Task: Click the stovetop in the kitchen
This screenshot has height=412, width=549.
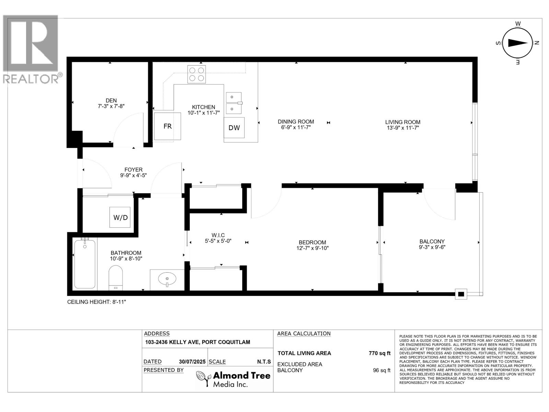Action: click(197, 74)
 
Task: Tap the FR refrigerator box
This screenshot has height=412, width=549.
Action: click(167, 126)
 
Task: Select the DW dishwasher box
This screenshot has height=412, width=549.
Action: click(234, 128)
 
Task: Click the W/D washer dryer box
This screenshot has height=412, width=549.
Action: click(120, 217)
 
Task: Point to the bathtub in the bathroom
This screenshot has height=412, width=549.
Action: click(85, 264)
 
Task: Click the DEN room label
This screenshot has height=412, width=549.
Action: click(111, 101)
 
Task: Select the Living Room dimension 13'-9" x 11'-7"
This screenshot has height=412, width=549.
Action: click(402, 128)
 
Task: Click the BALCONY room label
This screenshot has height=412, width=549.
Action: click(432, 241)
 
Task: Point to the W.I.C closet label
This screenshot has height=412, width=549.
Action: click(218, 235)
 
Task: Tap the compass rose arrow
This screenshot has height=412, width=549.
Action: click(518, 43)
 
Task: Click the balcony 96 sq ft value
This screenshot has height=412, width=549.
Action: click(381, 370)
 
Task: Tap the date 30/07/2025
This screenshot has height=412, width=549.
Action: click(192, 362)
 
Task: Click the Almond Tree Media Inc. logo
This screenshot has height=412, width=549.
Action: click(233, 379)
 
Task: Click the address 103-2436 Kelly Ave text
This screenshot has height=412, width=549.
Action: click(197, 342)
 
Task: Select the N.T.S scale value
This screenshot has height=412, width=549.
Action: click(264, 362)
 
